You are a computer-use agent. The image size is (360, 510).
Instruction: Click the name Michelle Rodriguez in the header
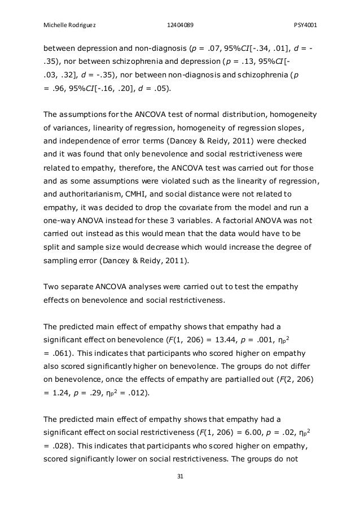[x=66, y=10]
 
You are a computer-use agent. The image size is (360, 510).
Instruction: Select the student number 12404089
[x=180, y=10]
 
